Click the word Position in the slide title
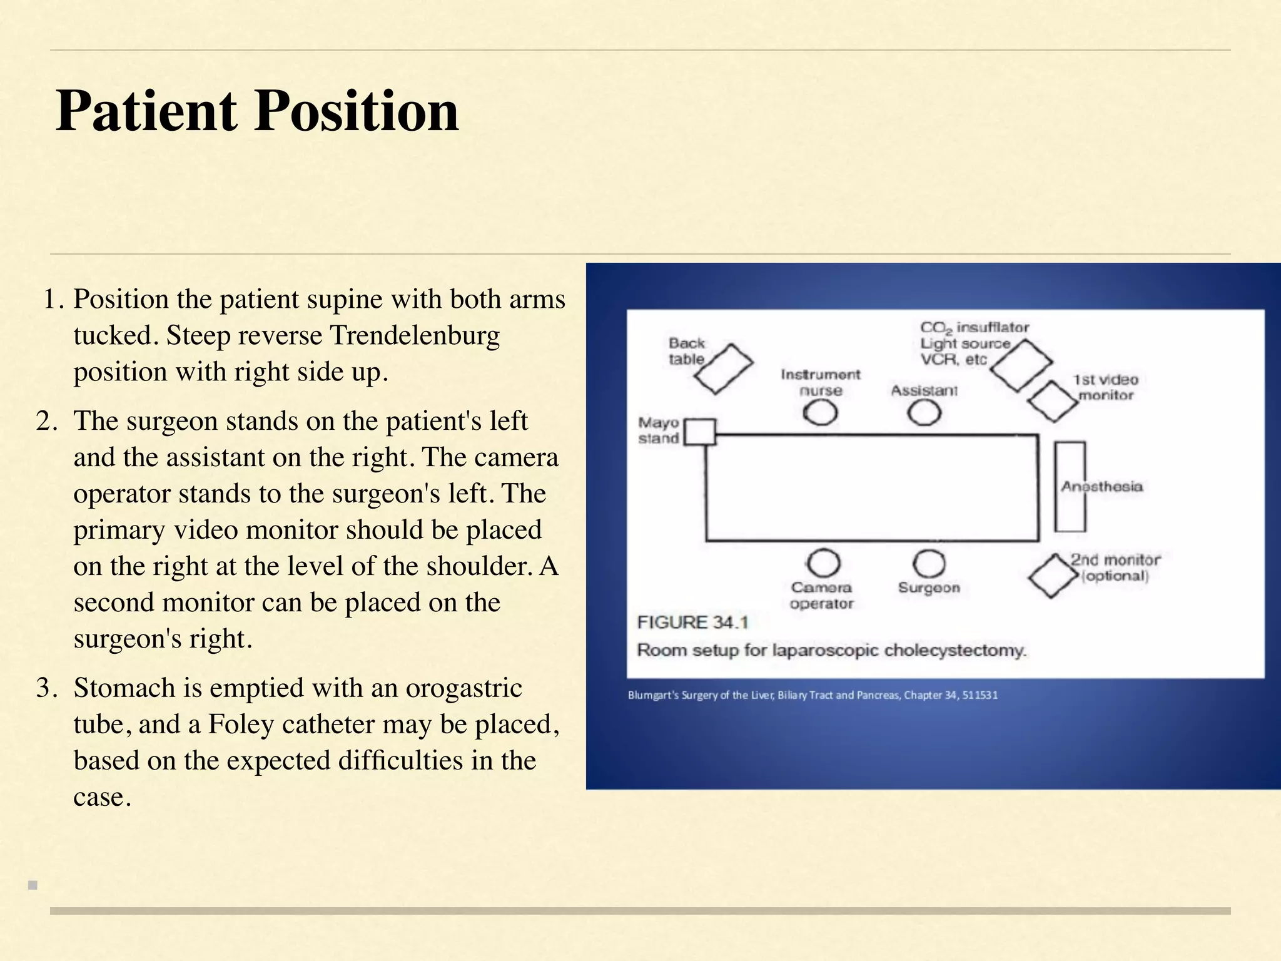(x=357, y=111)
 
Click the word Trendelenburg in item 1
(x=415, y=336)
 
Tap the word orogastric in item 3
(x=463, y=688)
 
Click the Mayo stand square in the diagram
(x=700, y=432)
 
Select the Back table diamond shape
(x=724, y=369)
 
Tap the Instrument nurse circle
(x=820, y=413)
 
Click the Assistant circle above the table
(x=924, y=413)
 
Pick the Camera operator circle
(x=823, y=564)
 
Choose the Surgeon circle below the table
(x=929, y=564)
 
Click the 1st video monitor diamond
(x=1053, y=402)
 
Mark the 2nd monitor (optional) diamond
(x=1053, y=576)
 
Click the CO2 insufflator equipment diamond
(x=1021, y=365)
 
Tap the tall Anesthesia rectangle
(x=1070, y=487)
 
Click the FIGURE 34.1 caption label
(x=692, y=623)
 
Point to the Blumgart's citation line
(x=813, y=695)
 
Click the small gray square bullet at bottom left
(x=33, y=885)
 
